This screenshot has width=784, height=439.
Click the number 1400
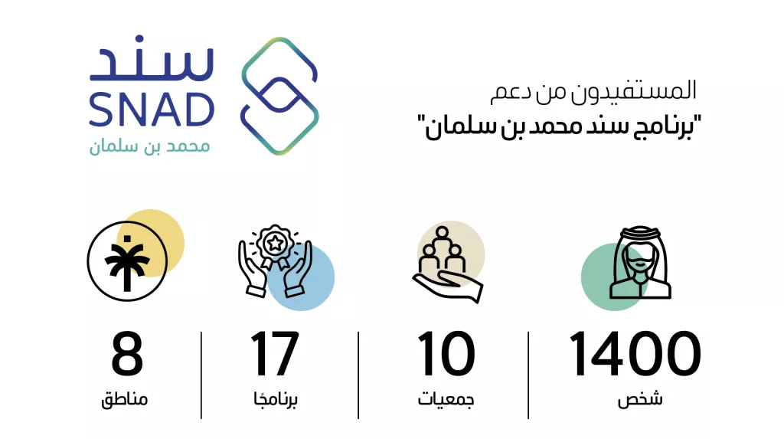635,353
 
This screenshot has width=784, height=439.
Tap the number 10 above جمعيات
446,353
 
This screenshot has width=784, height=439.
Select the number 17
275,353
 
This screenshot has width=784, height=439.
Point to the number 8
127,353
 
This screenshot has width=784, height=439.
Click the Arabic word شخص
640,399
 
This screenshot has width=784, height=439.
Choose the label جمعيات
446,399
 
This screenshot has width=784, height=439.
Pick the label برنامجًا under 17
276,399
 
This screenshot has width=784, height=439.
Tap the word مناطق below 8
125,399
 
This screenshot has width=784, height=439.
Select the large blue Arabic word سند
152,58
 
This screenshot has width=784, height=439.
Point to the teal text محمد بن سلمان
149,146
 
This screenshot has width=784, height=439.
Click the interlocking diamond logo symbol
279,96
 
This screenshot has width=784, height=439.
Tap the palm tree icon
127,261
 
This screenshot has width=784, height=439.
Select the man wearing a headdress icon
641,264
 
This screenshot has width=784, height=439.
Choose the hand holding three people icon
447,264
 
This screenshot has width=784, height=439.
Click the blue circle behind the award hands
300,277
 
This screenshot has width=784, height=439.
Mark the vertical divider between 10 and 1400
528,375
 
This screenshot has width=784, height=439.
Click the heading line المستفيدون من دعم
593,92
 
